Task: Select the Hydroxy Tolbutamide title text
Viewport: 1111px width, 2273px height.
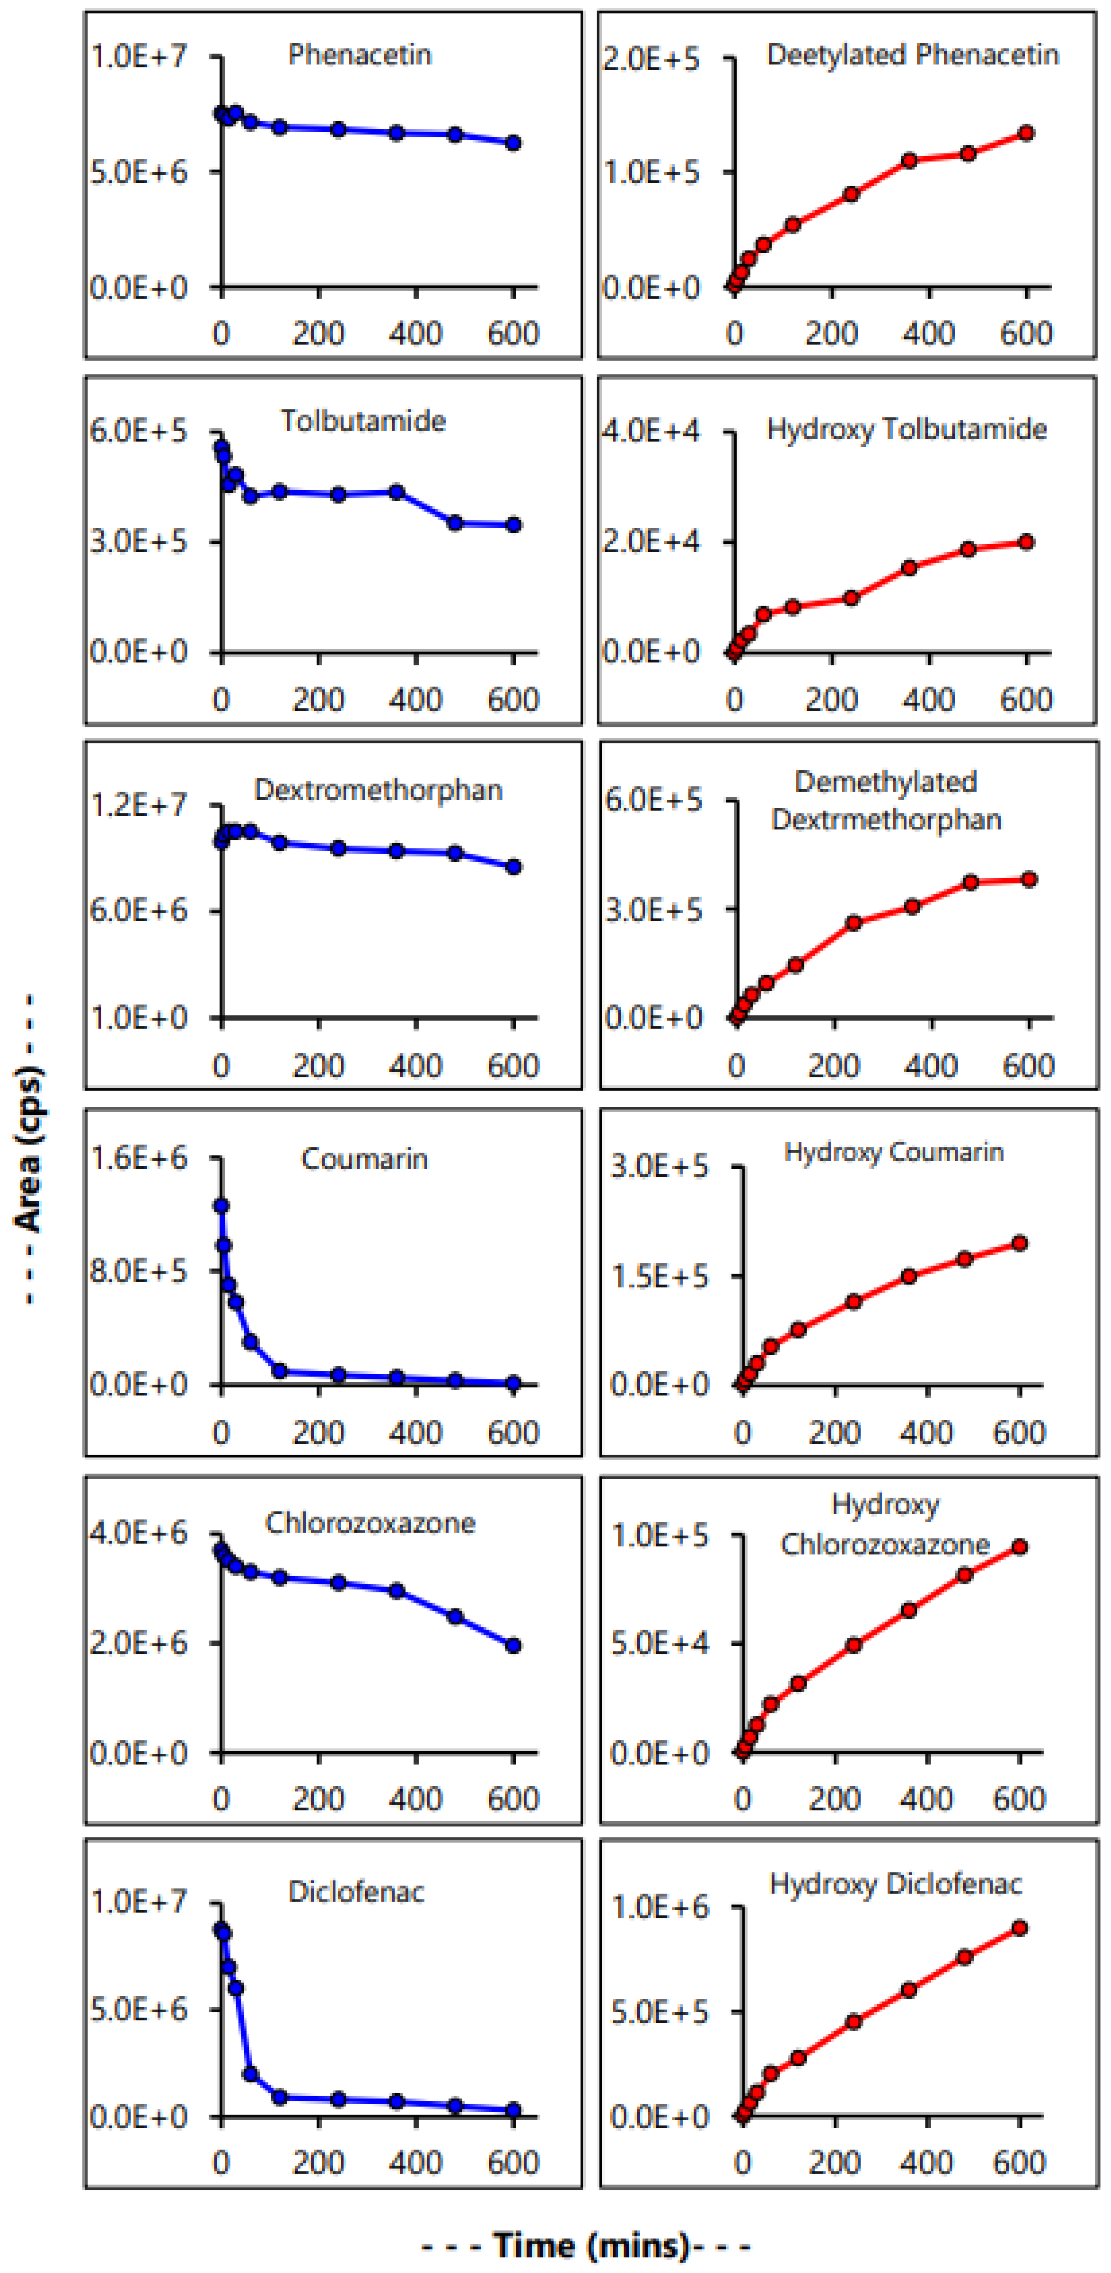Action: [x=906, y=430]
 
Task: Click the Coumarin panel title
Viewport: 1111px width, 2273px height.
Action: [x=364, y=1159]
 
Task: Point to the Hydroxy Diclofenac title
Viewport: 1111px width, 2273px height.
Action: [x=896, y=1884]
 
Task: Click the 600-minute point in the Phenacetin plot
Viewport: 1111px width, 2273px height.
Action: [x=513, y=143]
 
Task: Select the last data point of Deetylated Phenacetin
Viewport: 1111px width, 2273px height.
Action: [x=1026, y=133]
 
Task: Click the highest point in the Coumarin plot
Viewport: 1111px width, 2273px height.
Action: [x=222, y=1205]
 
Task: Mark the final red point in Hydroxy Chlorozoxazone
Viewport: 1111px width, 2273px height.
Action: [x=1019, y=1547]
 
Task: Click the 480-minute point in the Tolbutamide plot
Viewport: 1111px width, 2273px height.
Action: [x=455, y=523]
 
